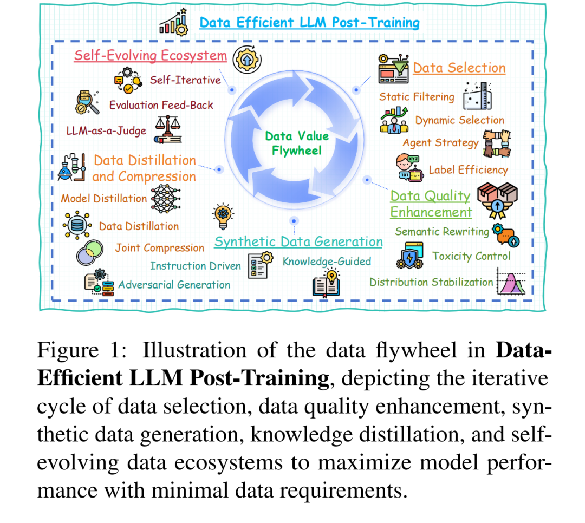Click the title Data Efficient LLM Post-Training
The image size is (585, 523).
click(309, 23)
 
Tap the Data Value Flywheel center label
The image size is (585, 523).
click(297, 143)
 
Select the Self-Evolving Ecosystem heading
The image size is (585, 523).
click(150, 56)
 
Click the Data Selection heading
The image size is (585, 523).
click(459, 68)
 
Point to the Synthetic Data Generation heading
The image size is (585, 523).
click(298, 242)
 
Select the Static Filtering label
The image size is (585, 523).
click(417, 97)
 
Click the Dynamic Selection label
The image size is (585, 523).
click(459, 120)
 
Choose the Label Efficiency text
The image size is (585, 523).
click(468, 170)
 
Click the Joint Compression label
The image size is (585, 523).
click(159, 248)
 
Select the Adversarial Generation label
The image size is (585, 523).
click(174, 285)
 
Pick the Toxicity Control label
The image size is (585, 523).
click(471, 256)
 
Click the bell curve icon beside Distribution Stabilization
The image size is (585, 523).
click(512, 282)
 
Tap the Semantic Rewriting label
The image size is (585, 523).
click(441, 232)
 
